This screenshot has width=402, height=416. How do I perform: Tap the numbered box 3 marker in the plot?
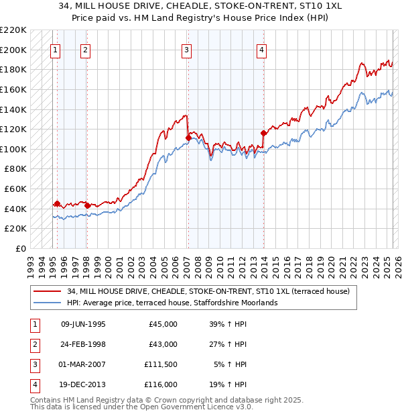click(186, 48)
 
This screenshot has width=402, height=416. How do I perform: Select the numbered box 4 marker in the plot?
click(262, 48)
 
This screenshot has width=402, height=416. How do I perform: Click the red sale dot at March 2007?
click(188, 138)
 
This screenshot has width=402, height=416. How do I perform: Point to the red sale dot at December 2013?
click(263, 133)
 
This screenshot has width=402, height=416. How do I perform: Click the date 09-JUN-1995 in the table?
click(83, 324)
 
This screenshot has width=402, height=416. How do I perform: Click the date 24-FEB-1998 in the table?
click(83, 344)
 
